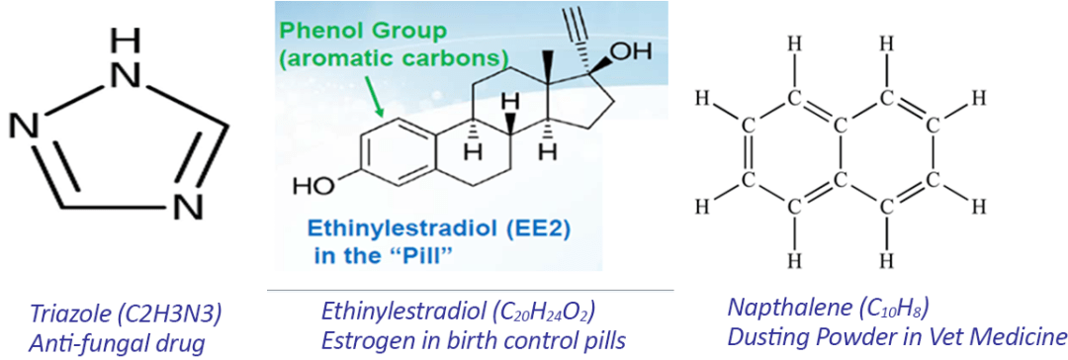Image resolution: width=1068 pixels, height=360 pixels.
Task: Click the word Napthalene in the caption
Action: pos(771,312)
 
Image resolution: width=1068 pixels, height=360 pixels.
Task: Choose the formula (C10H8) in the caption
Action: pos(863,313)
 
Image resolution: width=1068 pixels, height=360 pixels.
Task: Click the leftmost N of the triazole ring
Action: pos(25,128)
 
